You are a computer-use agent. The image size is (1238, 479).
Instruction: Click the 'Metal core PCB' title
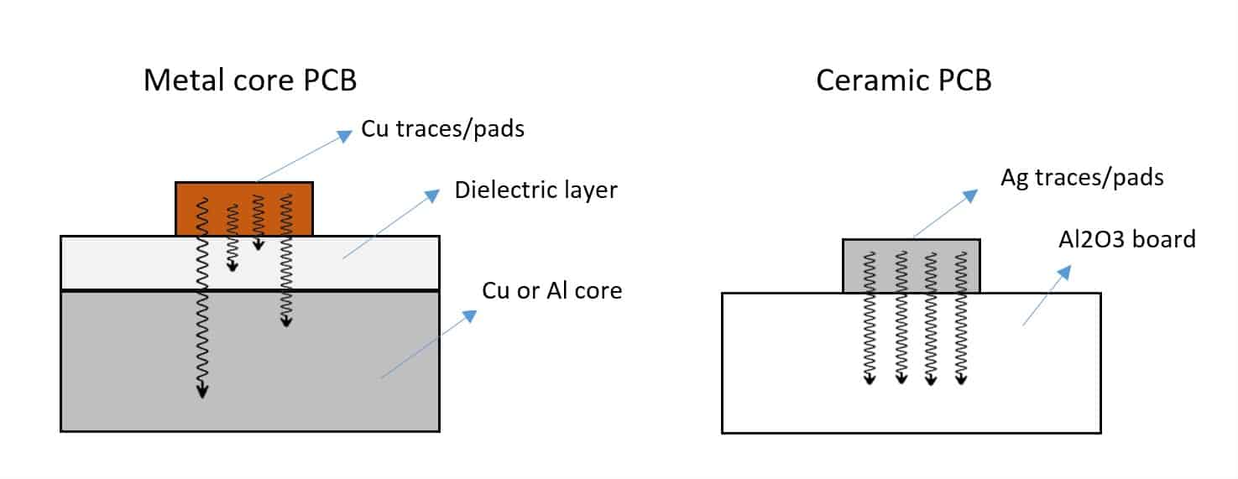250,81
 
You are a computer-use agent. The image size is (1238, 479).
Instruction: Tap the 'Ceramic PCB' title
903,81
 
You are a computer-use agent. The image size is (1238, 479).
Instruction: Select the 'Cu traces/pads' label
442,130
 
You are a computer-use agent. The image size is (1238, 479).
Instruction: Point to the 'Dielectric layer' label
535,190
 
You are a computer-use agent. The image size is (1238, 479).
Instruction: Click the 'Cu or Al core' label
551,291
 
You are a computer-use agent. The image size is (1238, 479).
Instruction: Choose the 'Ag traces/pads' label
1081,178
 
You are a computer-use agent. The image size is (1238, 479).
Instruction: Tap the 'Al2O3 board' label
1126,239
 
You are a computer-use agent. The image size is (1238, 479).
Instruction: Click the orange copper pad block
243,209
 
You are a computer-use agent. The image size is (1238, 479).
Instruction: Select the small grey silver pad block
911,266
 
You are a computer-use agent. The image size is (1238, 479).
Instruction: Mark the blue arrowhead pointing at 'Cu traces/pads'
345,135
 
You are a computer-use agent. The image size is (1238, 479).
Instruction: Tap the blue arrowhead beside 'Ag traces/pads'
969,195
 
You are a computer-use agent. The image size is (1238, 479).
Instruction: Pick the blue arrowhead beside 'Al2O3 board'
1065,272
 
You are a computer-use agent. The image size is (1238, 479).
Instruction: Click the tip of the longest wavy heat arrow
201,394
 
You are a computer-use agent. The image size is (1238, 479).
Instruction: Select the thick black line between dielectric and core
250,290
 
